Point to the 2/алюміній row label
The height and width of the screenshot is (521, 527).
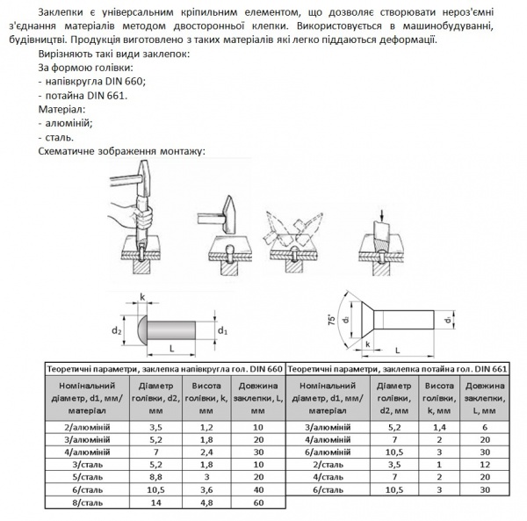coord(83,426)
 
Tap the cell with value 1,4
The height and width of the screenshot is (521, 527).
coord(439,426)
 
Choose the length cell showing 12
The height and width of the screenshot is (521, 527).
coord(485,464)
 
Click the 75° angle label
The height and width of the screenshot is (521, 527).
coord(331,319)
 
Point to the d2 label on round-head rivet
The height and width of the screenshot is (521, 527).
coord(116,331)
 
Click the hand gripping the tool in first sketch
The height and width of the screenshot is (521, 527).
coord(143,213)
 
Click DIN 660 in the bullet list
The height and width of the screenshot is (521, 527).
coord(128,81)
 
